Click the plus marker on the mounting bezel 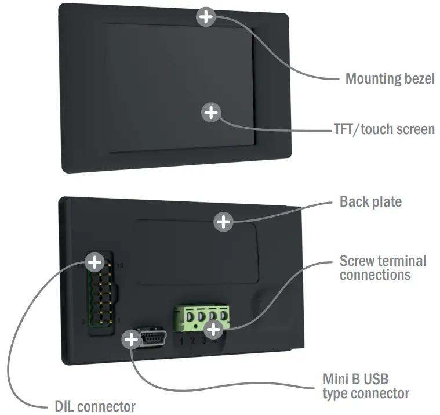pos(206,17)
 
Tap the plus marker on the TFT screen pos(212,112)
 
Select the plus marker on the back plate pos(224,222)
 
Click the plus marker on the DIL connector pos(94,262)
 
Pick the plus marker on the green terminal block pos(214,329)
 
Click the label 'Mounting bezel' pos(390,78)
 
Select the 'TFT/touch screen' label pos(384,128)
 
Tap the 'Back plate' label pos(370,202)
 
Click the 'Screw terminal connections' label pos(383,267)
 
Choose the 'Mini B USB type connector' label pos(366,386)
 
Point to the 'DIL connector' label pos(90,406)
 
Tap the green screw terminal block pos(199,318)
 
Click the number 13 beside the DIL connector pos(120,265)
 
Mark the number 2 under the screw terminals pos(192,341)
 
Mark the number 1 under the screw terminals pos(181,341)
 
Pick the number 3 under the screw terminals pos(203,341)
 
